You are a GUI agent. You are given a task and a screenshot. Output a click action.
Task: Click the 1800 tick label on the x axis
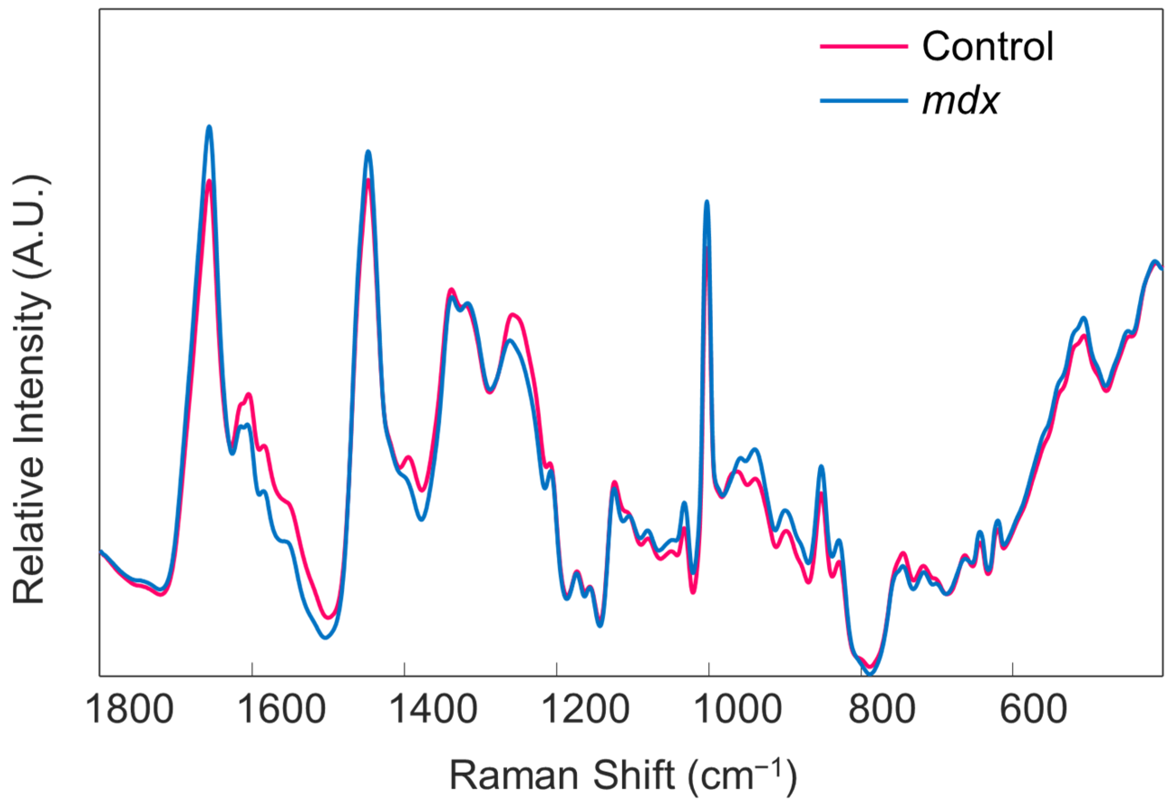point(130,709)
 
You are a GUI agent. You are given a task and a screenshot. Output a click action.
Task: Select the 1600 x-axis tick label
point(282,709)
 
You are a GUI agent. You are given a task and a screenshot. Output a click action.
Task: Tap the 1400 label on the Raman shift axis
point(434,709)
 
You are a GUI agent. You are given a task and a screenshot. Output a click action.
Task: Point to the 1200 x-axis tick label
point(586,709)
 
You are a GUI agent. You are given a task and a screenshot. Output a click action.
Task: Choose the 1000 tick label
point(738,709)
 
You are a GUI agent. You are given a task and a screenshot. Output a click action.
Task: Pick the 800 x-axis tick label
point(881,709)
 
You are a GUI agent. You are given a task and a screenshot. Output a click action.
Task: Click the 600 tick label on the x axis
point(1033,709)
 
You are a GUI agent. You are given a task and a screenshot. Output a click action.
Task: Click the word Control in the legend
point(988,46)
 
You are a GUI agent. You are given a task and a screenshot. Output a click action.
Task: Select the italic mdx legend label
point(960,101)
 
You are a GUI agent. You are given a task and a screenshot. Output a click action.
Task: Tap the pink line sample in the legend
point(863,46)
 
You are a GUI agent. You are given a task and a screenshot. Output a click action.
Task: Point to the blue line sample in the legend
point(863,101)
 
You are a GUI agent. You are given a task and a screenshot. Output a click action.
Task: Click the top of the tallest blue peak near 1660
point(209,126)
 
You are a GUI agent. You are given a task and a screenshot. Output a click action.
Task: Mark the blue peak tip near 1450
point(368,151)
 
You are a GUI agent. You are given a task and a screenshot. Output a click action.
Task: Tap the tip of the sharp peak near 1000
point(707,202)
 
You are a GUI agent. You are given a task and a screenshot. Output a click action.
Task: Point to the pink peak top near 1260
point(513,315)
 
